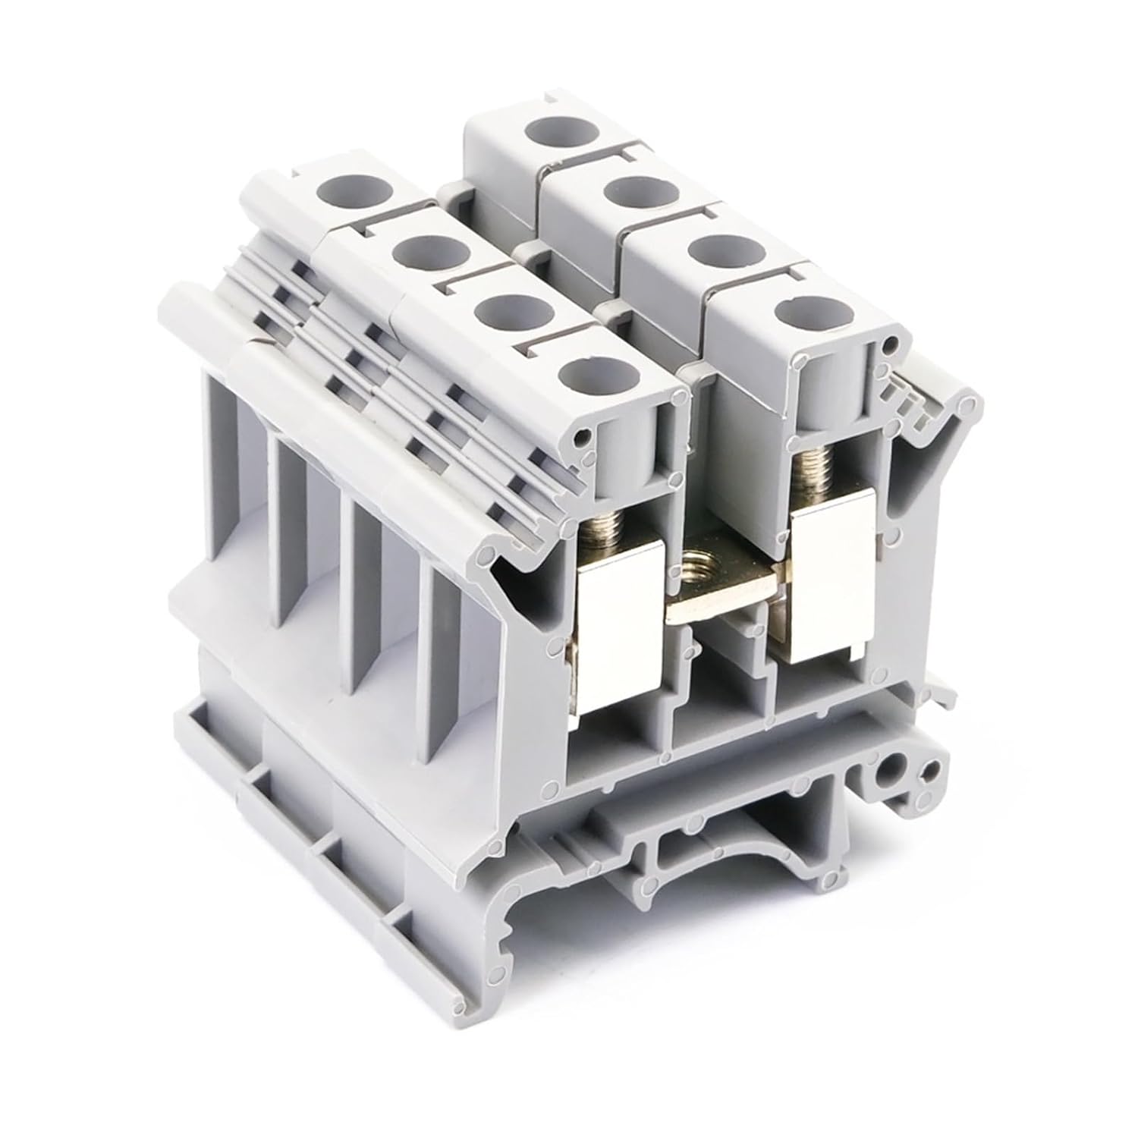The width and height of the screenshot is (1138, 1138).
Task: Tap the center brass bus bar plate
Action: click(721, 599)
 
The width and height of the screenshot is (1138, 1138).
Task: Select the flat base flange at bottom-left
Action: click(303, 835)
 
